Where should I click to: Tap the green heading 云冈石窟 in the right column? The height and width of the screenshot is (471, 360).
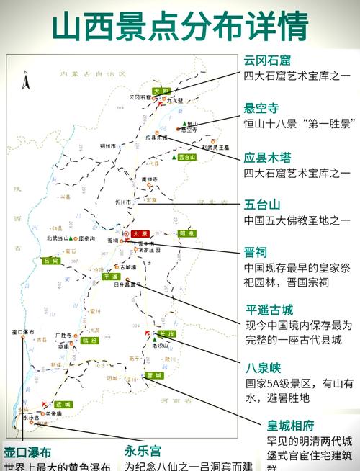[271, 59]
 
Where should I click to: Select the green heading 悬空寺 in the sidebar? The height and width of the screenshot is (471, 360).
[261, 108]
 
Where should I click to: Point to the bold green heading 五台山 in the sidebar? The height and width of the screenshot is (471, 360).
[261, 205]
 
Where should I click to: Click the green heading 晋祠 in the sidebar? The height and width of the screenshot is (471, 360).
[256, 253]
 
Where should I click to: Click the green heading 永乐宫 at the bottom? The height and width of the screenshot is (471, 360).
[141, 452]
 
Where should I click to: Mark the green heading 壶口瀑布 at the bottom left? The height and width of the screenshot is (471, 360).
[27, 452]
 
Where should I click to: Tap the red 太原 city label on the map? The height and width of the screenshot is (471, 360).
[140, 234]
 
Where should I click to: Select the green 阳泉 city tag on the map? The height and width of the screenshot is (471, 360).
[186, 233]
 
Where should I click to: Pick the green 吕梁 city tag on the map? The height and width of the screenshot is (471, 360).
[50, 261]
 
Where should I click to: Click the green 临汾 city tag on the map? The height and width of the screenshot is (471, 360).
[89, 340]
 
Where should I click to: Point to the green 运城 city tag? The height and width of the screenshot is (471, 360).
[63, 404]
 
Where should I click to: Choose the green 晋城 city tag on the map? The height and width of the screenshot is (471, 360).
[153, 375]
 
